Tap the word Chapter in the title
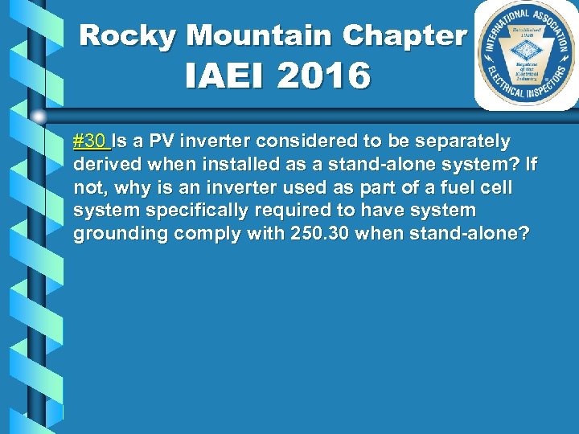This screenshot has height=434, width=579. point(404,35)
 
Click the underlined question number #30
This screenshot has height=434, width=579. point(90,142)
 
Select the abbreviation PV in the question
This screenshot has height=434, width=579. point(160,142)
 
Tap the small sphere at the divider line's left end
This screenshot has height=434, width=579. point(39,117)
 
